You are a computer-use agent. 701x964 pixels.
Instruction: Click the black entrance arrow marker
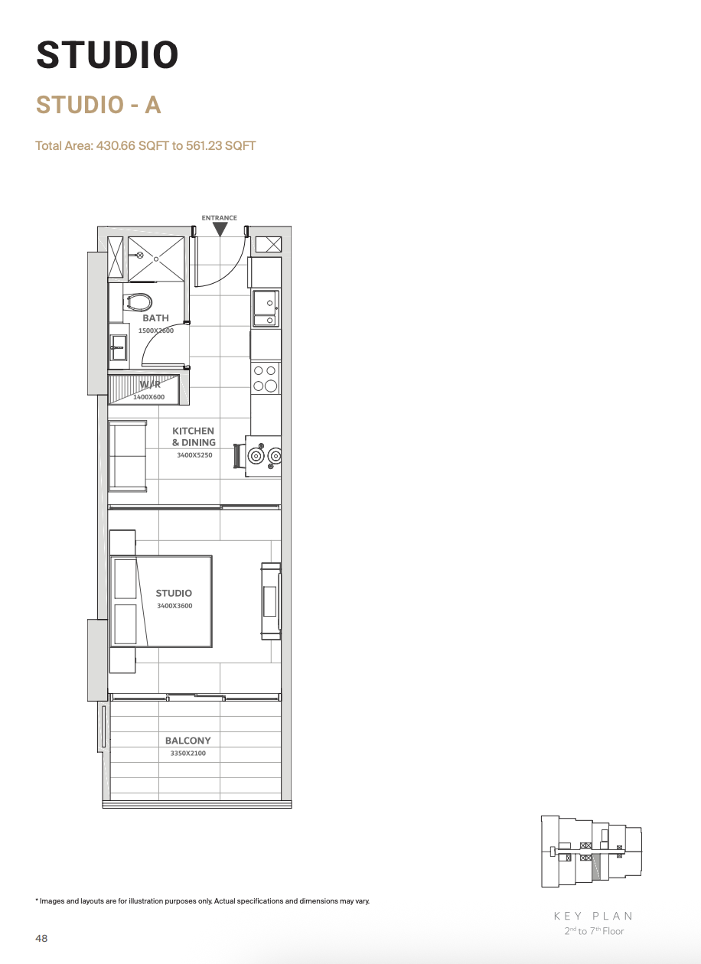tap(220, 230)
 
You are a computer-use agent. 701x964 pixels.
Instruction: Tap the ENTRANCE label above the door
tap(219, 218)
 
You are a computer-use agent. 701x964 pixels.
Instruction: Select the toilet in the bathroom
tap(137, 302)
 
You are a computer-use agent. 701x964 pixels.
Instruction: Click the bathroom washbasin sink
tap(118, 347)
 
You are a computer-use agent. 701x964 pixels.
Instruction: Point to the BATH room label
tap(155, 318)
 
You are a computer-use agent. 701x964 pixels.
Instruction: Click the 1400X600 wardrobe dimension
tap(148, 397)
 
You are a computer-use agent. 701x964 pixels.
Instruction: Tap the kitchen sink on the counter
tap(266, 308)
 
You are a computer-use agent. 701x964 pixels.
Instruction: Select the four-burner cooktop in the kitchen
tap(265, 378)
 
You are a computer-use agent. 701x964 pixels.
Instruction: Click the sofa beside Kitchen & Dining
tap(128, 456)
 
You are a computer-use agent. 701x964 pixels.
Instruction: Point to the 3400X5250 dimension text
tap(194, 455)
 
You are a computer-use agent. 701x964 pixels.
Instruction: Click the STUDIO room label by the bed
tap(174, 593)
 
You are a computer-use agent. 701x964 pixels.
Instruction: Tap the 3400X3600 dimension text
tap(174, 605)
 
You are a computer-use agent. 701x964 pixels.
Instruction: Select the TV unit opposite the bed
tap(271, 601)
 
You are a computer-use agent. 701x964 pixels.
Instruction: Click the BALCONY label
tap(188, 741)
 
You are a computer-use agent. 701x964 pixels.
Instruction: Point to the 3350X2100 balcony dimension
tap(188, 753)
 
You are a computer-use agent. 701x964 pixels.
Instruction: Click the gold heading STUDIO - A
tap(99, 105)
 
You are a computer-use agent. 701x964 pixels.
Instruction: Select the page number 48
tap(41, 939)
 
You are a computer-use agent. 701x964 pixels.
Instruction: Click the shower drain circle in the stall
tap(156, 259)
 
